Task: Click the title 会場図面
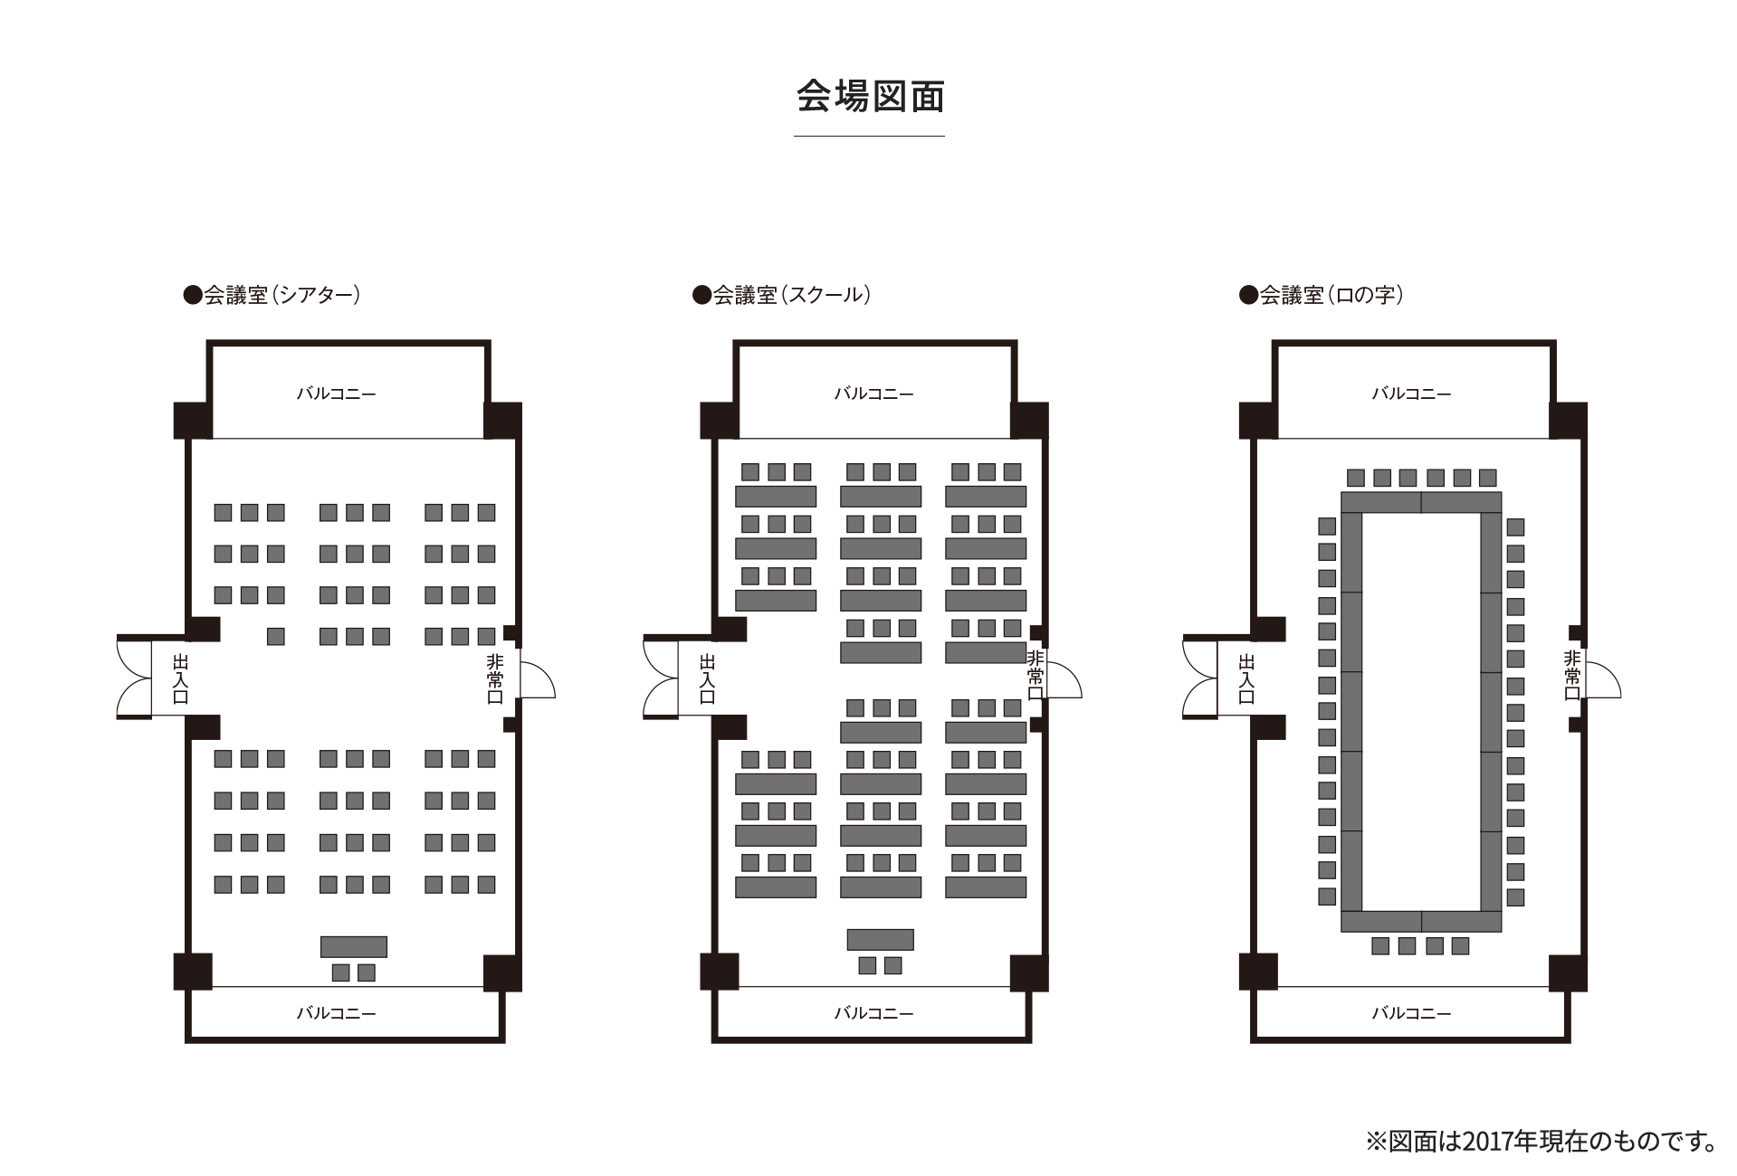(870, 97)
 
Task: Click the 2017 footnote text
(1541, 1141)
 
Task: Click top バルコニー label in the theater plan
(336, 394)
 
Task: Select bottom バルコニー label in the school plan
(873, 1013)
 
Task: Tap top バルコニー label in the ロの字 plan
(1411, 394)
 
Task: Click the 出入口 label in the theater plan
(180, 679)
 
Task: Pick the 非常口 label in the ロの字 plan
(1572, 676)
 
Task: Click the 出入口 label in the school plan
(707, 679)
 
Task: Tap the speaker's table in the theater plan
(353, 946)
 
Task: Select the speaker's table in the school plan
(880, 939)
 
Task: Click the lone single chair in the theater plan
(276, 636)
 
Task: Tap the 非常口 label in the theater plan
(494, 678)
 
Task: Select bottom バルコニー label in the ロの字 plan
(1411, 1013)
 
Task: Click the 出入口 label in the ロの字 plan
(1246, 679)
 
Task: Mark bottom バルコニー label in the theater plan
(336, 1013)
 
